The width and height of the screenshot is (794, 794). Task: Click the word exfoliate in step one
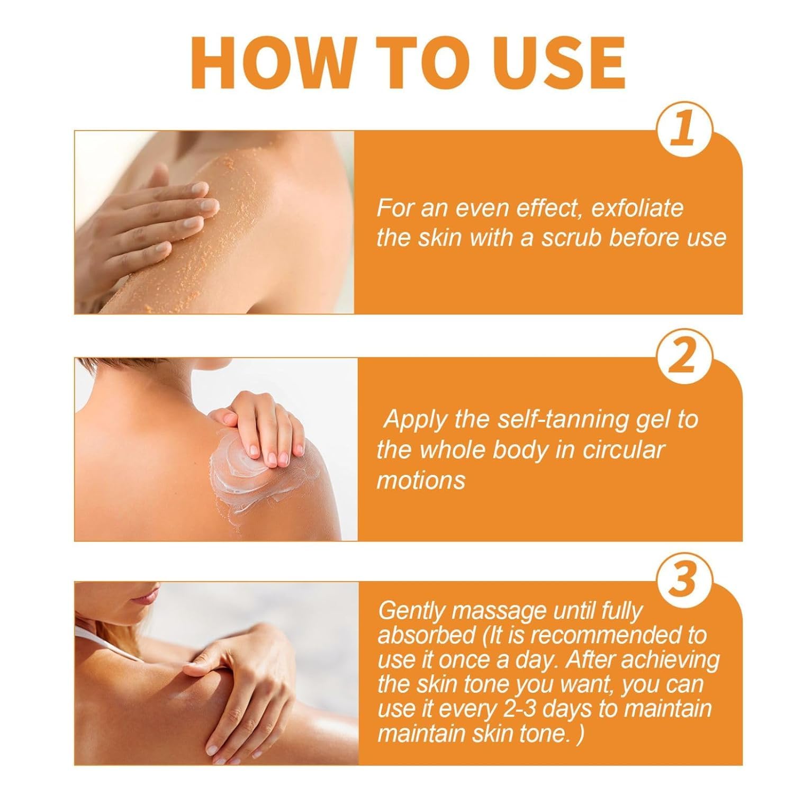pyautogui.click(x=637, y=209)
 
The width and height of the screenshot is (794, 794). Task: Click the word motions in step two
pyautogui.click(x=421, y=481)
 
